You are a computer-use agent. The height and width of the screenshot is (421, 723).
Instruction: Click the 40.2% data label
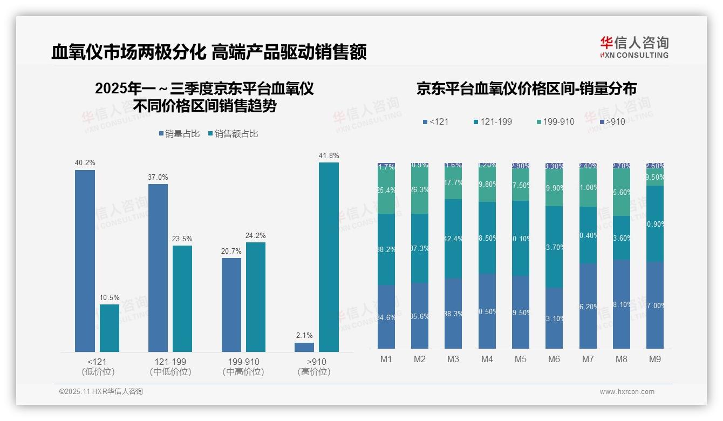click(x=85, y=162)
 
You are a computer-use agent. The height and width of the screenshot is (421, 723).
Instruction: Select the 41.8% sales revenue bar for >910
click(x=329, y=257)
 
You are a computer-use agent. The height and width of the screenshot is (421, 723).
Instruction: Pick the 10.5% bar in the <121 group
click(x=110, y=328)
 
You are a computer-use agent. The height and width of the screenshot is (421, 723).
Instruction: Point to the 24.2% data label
click(x=255, y=235)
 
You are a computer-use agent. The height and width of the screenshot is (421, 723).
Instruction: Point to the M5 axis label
click(x=520, y=359)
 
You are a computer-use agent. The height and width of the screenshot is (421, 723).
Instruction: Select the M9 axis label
click(x=654, y=359)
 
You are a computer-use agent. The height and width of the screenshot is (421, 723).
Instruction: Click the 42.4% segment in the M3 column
click(x=453, y=239)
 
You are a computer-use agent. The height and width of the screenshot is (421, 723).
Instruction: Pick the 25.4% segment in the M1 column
click(x=386, y=190)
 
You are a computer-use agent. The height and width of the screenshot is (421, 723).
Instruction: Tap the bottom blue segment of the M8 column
click(x=621, y=304)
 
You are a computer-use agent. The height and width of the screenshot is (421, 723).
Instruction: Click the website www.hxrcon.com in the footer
click(x=627, y=392)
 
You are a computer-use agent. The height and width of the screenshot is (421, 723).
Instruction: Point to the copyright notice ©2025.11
click(x=101, y=392)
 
